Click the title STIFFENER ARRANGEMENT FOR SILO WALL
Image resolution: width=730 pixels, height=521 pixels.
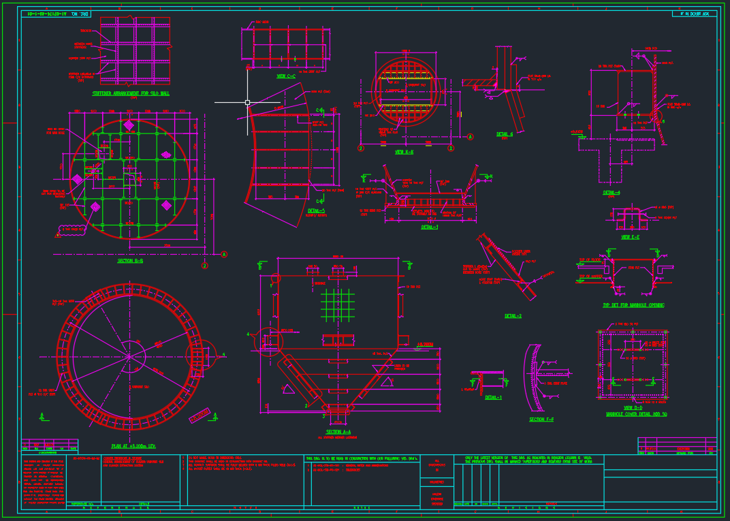tap(131, 93)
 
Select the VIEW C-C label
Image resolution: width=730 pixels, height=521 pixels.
tap(286, 76)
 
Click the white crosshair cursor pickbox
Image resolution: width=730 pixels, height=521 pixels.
tap(247, 102)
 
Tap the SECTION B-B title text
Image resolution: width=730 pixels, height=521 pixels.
tap(130, 260)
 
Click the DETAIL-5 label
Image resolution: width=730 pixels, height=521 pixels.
tap(317, 210)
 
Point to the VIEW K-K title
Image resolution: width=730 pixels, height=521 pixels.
tap(404, 152)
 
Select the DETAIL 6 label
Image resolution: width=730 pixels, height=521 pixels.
tap(505, 134)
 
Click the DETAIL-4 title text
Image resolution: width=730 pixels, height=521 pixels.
tap(612, 193)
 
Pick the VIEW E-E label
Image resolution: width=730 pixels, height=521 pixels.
tap(630, 237)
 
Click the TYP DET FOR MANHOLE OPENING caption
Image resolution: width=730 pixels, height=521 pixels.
tap(633, 305)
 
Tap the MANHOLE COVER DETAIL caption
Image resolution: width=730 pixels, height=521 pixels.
tap(636, 414)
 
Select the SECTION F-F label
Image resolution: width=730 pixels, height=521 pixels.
tap(541, 420)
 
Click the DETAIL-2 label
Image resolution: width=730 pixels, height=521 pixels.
tap(513, 316)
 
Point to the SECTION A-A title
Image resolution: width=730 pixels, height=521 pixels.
tap(338, 432)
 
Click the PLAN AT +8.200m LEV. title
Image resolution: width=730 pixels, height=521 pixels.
tap(133, 447)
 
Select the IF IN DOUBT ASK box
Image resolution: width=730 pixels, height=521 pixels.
tap(691, 14)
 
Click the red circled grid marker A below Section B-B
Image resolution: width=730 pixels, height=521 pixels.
tap(223, 254)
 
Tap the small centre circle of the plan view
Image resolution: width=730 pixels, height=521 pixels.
tap(134, 356)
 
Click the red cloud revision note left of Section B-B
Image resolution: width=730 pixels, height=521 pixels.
tap(70, 230)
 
